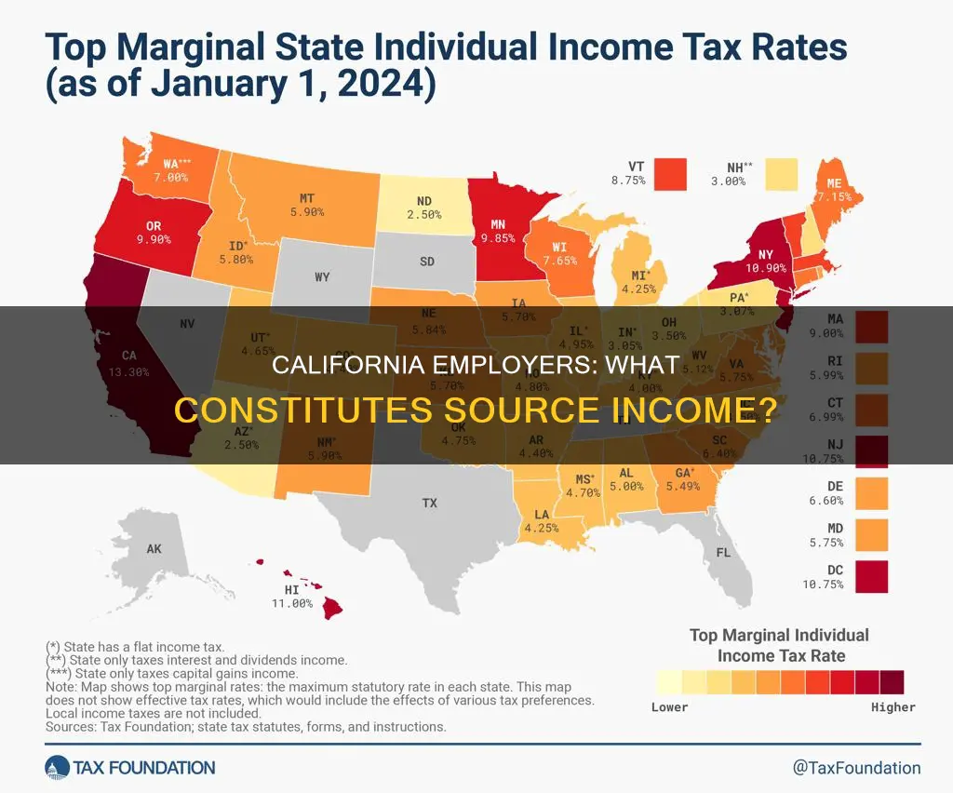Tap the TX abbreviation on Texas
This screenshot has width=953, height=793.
pyautogui.click(x=429, y=503)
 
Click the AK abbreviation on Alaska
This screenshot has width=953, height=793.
pyautogui.click(x=154, y=549)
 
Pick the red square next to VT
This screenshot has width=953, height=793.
pyautogui.click(x=669, y=173)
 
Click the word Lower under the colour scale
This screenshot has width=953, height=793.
pyautogui.click(x=670, y=707)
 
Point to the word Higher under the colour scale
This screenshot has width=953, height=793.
pyautogui.click(x=893, y=707)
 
